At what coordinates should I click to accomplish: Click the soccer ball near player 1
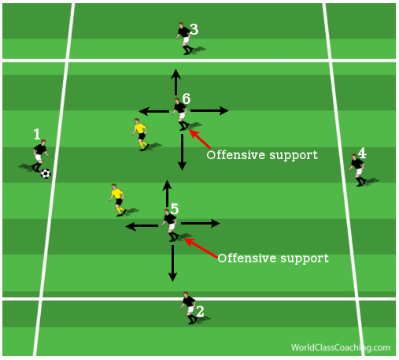(x=46, y=173)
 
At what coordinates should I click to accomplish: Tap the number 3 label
(x=194, y=29)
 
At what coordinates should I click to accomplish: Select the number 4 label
(x=362, y=153)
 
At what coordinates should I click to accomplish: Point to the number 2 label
(x=200, y=311)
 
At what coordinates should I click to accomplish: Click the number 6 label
(x=187, y=98)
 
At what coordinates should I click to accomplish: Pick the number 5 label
(x=175, y=209)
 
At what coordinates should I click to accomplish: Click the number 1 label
(x=37, y=134)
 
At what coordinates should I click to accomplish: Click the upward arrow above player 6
(x=175, y=82)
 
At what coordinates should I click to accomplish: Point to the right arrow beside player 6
(x=209, y=111)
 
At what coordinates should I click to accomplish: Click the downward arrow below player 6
(x=182, y=152)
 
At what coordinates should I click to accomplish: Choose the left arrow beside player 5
(x=142, y=226)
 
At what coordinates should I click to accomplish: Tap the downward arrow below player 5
(x=172, y=263)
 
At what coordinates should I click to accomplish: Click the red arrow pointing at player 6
(x=200, y=139)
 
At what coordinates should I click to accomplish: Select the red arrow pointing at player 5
(x=201, y=248)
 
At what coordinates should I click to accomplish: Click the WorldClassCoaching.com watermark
(x=341, y=347)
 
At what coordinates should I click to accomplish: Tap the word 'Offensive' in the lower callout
(x=246, y=258)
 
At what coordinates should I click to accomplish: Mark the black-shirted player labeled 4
(x=358, y=170)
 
